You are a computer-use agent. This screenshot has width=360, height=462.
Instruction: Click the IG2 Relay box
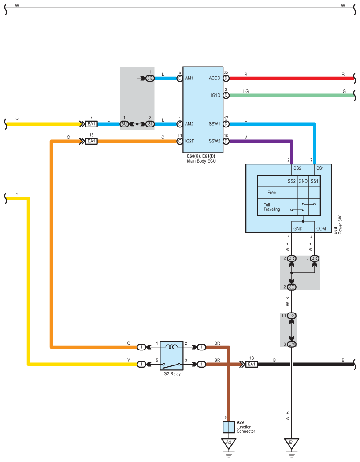click(x=171, y=356)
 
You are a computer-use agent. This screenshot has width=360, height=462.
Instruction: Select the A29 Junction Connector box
click(x=229, y=427)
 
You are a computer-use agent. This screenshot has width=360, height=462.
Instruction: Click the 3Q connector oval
click(x=150, y=78)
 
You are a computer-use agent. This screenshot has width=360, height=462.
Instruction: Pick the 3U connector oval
click(x=124, y=124)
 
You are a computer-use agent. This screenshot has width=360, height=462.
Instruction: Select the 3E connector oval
click(x=291, y=287)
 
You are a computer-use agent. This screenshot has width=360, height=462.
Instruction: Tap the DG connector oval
click(x=291, y=316)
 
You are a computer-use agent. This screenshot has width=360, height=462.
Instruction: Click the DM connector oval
click(x=291, y=344)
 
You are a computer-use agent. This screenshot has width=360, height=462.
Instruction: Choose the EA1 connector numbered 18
click(x=251, y=364)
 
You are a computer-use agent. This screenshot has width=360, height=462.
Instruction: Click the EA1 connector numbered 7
click(x=91, y=124)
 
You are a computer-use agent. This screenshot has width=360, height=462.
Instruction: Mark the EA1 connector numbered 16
click(x=91, y=141)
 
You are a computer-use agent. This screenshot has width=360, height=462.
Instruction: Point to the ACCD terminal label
click(x=215, y=78)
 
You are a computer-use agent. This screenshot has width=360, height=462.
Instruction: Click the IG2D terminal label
click(x=190, y=141)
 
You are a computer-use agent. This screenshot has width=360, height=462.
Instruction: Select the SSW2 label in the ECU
click(x=215, y=141)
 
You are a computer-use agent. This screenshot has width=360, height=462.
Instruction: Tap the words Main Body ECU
click(x=201, y=161)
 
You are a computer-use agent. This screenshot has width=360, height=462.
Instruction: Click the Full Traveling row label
click(x=271, y=207)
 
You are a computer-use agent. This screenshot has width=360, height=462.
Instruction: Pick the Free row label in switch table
click(x=271, y=192)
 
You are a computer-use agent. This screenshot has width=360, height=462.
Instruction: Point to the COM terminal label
click(x=321, y=229)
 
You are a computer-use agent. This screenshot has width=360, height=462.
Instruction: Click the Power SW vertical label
click(x=340, y=225)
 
